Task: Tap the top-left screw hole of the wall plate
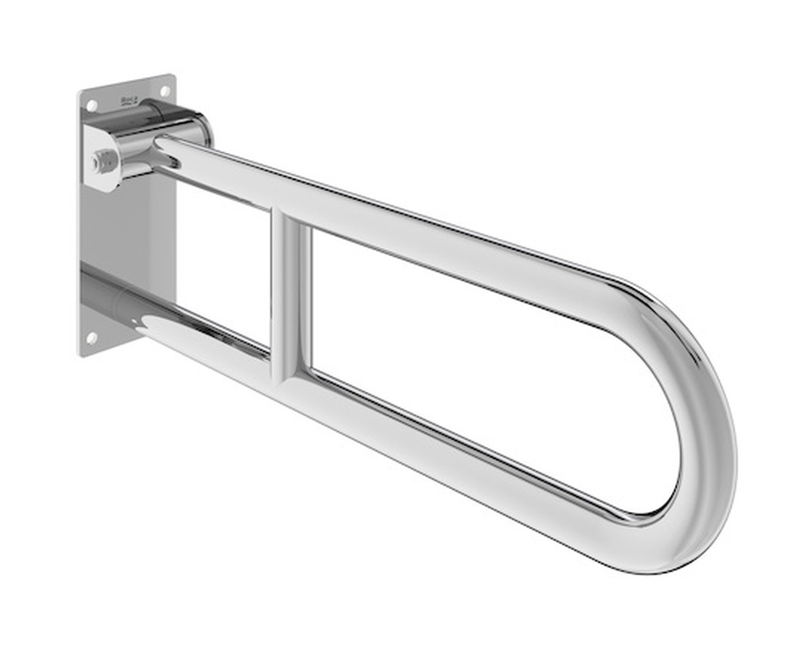pos(92,106)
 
